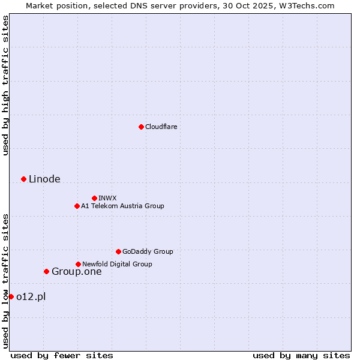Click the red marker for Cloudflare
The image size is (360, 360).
pos(141,127)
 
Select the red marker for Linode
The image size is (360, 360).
pos(23,179)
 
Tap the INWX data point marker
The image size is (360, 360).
pos(94,198)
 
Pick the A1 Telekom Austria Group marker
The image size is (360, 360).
pos(77,206)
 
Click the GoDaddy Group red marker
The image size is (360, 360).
pos(118,251)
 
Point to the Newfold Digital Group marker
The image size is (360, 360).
pos(78,264)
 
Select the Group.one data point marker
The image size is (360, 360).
pos(46,271)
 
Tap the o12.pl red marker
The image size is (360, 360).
pos(11,296)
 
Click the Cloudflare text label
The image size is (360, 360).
pos(161,127)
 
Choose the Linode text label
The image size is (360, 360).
pos(44,179)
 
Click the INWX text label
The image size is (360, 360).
pos(108,198)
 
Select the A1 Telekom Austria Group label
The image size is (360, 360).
pos(122,206)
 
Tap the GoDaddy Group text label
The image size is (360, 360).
pos(148,251)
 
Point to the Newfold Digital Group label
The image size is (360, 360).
pos(117,264)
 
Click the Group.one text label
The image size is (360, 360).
pos(76,271)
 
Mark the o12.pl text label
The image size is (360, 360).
pos(31,296)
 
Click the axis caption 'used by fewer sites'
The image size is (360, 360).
pos(62,355)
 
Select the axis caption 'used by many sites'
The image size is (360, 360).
pos(301,355)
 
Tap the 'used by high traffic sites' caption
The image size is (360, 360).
pos(5,85)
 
